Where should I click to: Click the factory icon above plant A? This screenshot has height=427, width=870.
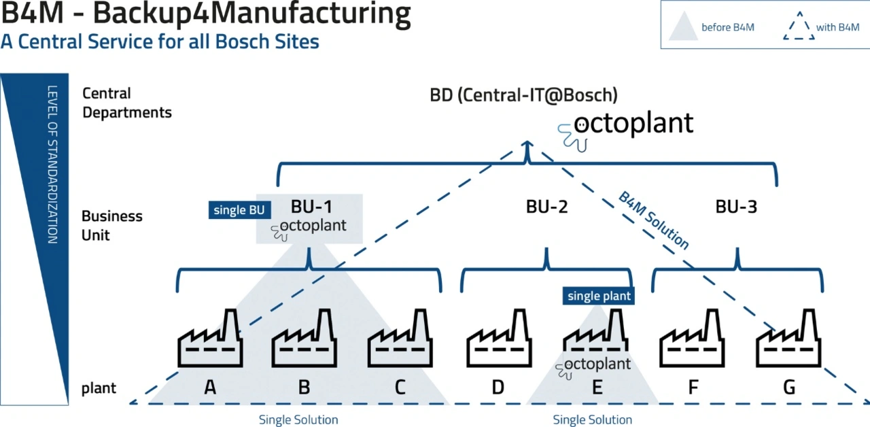tap(210, 340)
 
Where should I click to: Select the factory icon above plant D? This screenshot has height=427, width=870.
tap(498, 340)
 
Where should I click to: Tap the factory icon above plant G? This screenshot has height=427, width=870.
tap(788, 340)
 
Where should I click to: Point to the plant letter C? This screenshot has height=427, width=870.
tap(400, 388)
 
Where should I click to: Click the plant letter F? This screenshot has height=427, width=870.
tap(693, 388)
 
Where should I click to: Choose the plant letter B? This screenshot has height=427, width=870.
tap(304, 388)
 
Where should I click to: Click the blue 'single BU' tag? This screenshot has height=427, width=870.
tap(239, 210)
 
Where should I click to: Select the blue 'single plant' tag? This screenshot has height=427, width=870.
tap(599, 296)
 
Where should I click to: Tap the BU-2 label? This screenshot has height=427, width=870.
tap(546, 207)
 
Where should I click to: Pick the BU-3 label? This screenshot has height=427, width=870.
tap(736, 207)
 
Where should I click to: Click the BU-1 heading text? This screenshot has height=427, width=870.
tap(312, 206)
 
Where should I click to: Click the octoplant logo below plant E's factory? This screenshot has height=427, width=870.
tap(592, 365)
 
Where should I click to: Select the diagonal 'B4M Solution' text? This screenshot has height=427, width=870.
tap(653, 220)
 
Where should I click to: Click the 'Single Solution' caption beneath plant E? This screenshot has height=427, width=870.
tap(592, 420)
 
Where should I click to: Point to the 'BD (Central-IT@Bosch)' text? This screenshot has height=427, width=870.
tap(523, 95)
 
